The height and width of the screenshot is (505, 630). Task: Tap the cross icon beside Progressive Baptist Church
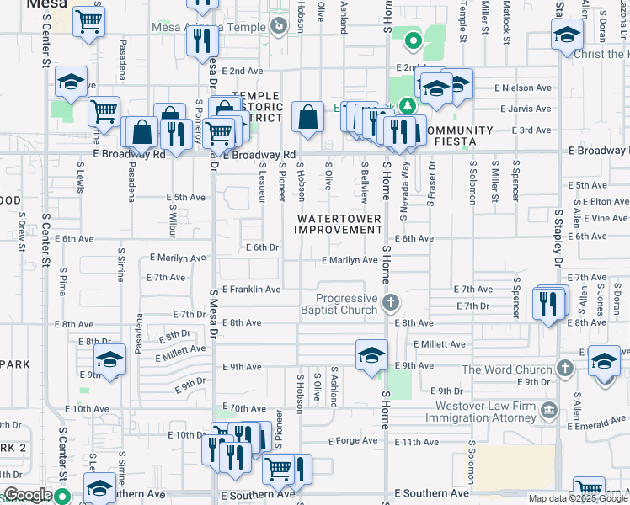click(x=390, y=301)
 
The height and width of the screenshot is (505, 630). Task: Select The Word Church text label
click(x=507, y=369)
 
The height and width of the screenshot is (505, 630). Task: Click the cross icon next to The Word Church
click(x=564, y=369)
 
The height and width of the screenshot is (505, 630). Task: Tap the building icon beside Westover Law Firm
click(x=548, y=410)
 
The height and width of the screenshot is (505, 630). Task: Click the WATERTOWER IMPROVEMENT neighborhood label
click(x=339, y=224)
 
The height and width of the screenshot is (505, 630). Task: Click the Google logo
click(x=27, y=496)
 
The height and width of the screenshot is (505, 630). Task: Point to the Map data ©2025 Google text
click(x=578, y=498)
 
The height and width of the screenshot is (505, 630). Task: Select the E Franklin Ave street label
click(x=251, y=290)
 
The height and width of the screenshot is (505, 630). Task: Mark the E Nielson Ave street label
click(x=523, y=88)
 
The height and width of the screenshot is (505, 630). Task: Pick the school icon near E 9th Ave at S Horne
click(x=371, y=354)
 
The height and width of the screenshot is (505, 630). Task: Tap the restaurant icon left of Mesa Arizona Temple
click(x=201, y=40)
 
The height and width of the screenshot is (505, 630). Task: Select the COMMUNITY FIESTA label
click(x=459, y=136)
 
